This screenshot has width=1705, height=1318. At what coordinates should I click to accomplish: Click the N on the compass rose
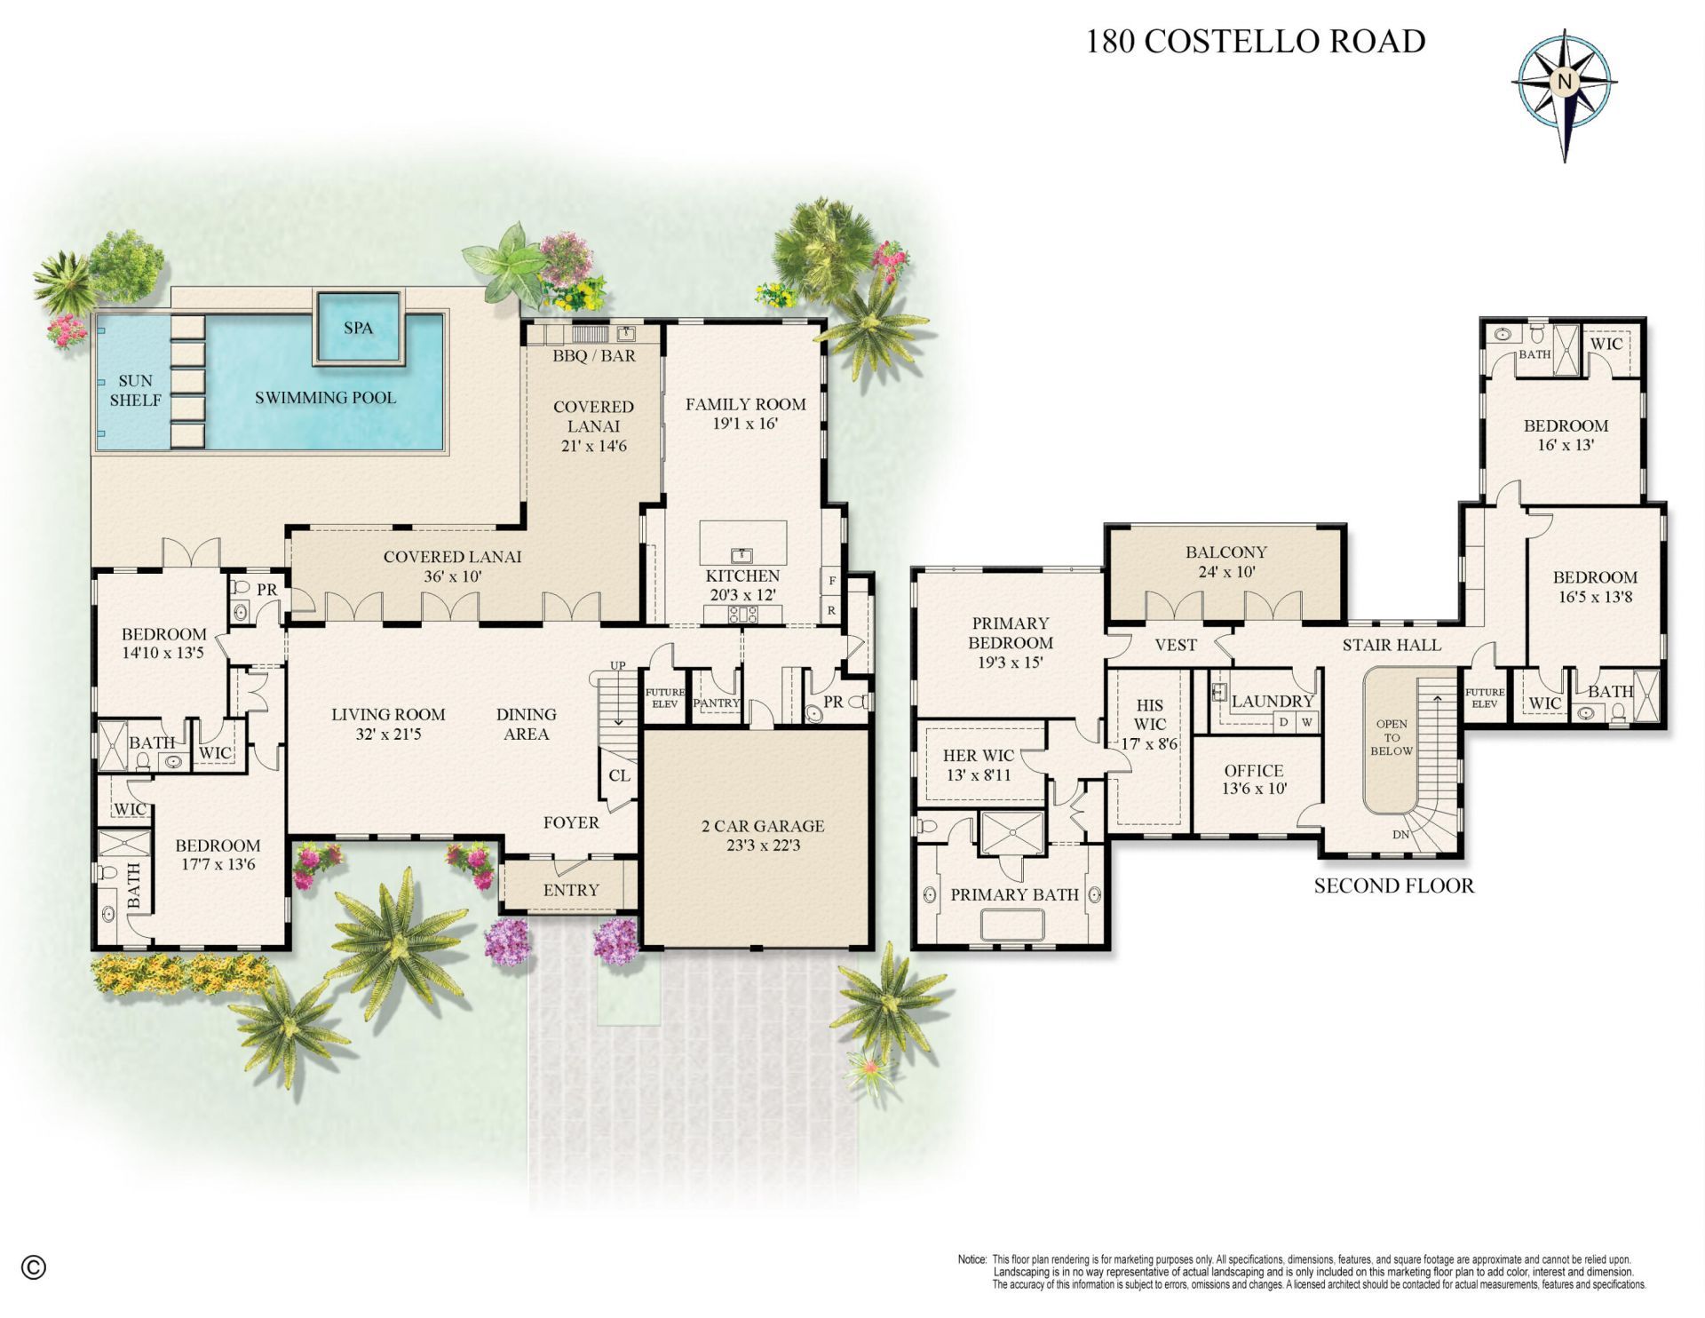click(x=1565, y=81)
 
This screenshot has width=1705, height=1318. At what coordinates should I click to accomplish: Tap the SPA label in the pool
click(x=358, y=328)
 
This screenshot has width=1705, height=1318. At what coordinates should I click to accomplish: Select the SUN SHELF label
click(x=135, y=391)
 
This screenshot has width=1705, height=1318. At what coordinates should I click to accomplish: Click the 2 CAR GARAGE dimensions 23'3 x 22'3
click(x=763, y=846)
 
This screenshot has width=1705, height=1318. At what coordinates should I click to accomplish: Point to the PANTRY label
click(x=717, y=703)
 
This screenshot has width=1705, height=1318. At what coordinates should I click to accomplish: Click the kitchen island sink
click(x=742, y=555)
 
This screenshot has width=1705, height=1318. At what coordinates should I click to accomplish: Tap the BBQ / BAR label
click(x=594, y=356)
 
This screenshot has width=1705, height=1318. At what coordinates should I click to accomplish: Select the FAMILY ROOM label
click(x=745, y=404)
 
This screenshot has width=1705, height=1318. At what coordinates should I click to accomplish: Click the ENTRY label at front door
click(x=571, y=890)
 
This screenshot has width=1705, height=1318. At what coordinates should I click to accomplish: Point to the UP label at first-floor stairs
click(x=618, y=665)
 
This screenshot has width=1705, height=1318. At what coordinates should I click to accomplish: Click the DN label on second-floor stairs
click(x=1400, y=834)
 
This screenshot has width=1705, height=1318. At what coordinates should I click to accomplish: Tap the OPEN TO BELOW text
click(x=1391, y=737)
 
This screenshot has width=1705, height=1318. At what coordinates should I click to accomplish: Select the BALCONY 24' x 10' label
click(x=1225, y=561)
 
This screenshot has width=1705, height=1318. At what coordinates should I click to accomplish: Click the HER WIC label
click(x=978, y=755)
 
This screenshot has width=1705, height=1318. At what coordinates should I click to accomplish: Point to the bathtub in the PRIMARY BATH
click(x=1014, y=925)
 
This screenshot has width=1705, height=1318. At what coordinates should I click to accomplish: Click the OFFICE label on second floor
click(x=1253, y=771)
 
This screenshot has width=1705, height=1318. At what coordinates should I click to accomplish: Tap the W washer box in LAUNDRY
click(x=1306, y=722)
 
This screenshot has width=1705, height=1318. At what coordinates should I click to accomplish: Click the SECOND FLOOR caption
click(x=1393, y=885)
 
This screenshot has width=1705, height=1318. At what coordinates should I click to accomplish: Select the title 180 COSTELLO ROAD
click(x=1256, y=41)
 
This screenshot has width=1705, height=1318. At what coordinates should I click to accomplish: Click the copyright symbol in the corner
click(x=33, y=1267)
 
